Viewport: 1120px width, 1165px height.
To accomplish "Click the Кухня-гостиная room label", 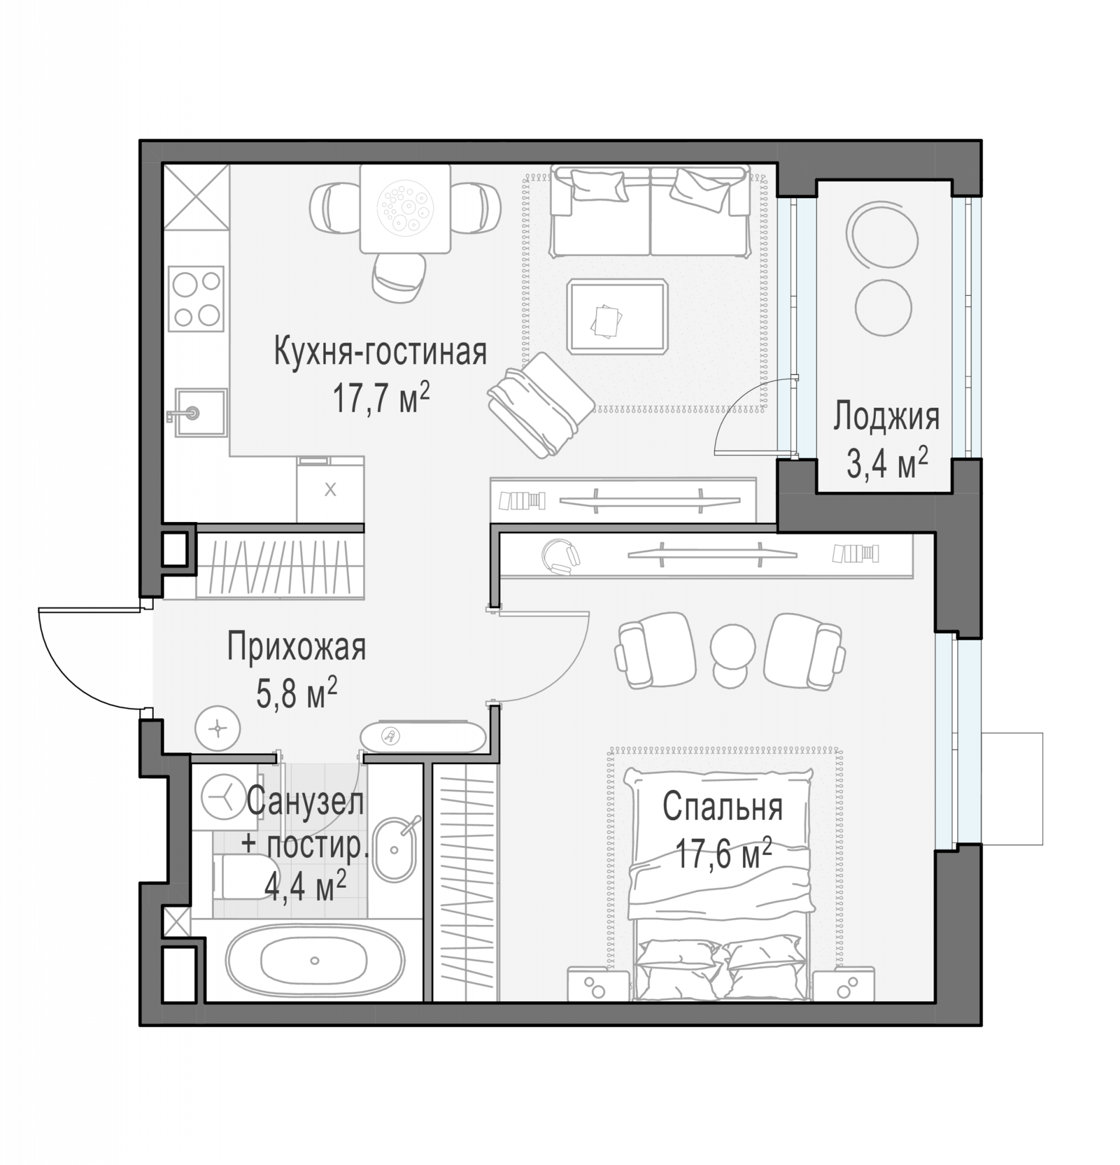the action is click(380, 352).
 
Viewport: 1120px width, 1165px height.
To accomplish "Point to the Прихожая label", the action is click(296, 647).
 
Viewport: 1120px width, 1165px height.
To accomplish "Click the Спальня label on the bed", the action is click(723, 807).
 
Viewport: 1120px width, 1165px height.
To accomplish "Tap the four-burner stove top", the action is click(196, 298).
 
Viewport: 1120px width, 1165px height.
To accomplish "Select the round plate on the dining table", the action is click(405, 208).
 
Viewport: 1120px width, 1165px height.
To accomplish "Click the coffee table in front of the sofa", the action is click(617, 316).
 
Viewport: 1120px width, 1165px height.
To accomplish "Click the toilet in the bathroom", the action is click(242, 877).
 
